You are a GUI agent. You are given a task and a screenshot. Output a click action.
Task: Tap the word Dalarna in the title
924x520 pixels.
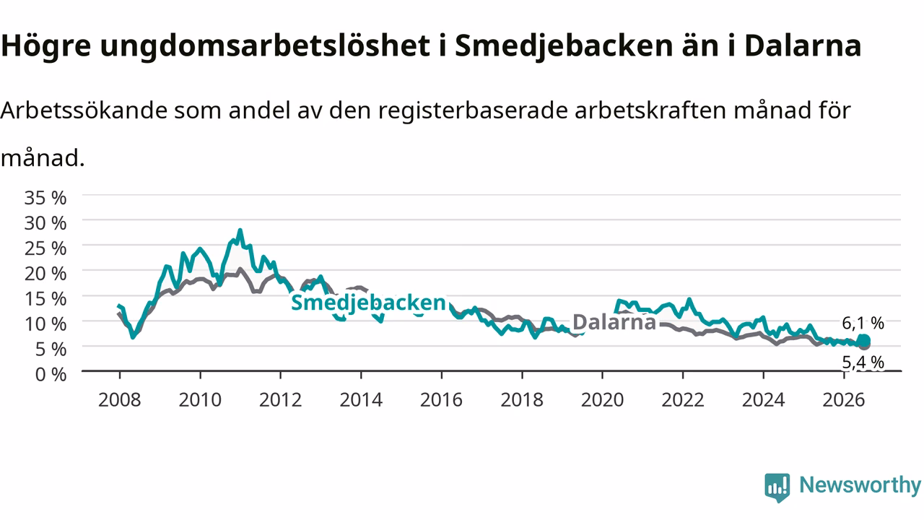[x=803, y=45]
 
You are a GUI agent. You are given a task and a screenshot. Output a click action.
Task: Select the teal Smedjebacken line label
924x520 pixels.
[x=368, y=303]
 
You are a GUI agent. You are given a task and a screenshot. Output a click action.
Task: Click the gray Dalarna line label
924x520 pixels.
[x=614, y=322]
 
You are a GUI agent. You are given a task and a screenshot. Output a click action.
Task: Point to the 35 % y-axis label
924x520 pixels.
[x=45, y=198]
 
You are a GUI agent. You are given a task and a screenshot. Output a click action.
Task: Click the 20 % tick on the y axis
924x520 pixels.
[x=45, y=274]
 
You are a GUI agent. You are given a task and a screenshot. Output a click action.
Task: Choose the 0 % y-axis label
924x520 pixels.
[x=51, y=375]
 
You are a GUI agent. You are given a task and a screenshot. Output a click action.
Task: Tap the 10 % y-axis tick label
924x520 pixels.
[x=45, y=324]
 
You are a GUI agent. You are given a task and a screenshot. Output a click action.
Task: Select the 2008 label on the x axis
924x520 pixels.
[x=120, y=400]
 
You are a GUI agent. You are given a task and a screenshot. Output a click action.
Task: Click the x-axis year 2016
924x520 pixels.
[x=441, y=400]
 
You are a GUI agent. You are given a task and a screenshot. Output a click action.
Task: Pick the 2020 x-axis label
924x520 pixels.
[x=602, y=400]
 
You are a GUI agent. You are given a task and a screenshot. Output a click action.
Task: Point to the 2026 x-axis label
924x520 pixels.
[x=844, y=400]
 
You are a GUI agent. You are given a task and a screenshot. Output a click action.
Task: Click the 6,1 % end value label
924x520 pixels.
[x=863, y=323]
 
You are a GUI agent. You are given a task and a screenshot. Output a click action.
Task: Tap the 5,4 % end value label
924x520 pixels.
[x=863, y=363]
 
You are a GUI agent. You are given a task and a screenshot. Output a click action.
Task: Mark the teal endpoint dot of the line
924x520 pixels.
[x=864, y=341]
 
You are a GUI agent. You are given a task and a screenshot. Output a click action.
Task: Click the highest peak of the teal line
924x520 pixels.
[x=240, y=230]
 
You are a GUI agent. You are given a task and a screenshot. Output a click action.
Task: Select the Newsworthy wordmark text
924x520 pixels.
[x=860, y=485]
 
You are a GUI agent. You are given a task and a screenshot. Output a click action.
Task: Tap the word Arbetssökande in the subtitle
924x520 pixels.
[x=84, y=110]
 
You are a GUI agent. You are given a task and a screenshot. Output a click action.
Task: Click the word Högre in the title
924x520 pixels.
[x=45, y=46]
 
